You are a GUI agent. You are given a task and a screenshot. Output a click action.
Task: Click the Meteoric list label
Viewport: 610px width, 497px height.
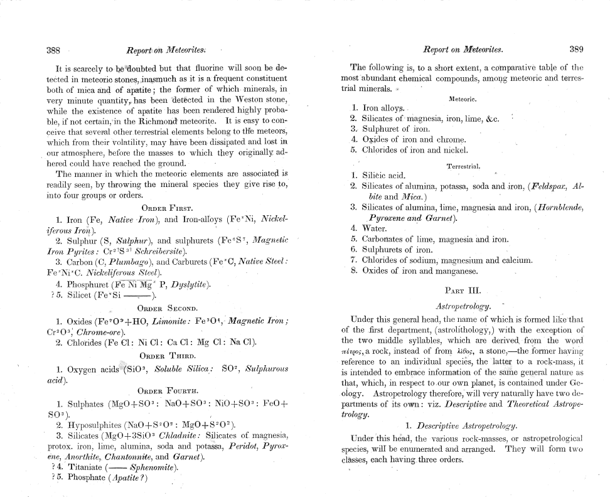coord(464,99)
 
